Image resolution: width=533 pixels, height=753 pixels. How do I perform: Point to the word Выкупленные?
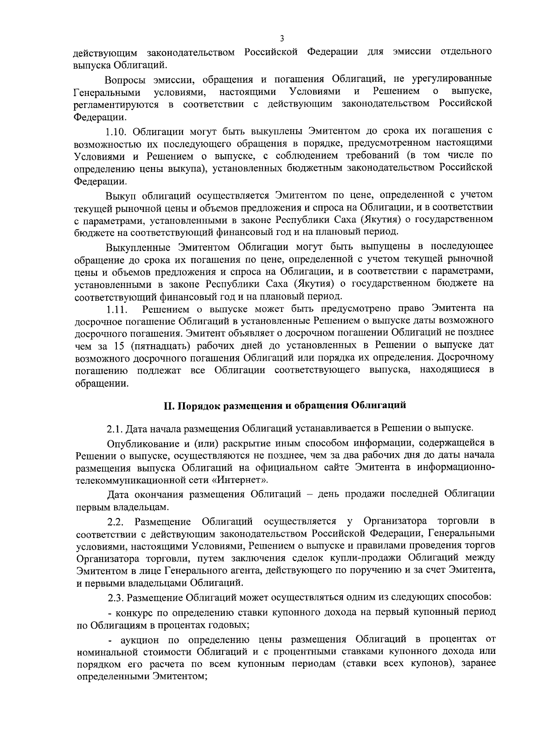coord(137,247)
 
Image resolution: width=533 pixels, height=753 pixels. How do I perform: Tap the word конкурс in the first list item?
coord(135,613)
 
